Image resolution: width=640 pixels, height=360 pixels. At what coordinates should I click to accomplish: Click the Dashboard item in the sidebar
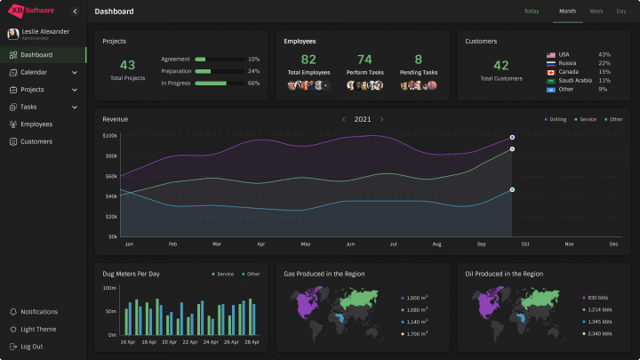(x=36, y=55)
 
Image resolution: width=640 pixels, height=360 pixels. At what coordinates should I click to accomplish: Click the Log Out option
(x=31, y=346)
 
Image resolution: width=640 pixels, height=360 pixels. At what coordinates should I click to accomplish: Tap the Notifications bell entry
(x=38, y=312)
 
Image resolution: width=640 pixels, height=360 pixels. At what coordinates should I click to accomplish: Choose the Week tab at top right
(x=596, y=12)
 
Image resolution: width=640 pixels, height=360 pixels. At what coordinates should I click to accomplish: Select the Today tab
(x=532, y=12)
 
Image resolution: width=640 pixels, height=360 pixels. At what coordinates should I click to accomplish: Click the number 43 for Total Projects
(x=127, y=65)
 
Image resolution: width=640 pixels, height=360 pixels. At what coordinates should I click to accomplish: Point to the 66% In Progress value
(x=253, y=83)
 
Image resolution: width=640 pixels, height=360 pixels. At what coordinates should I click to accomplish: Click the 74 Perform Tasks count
(x=364, y=60)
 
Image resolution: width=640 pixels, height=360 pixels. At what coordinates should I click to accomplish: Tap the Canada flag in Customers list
(x=551, y=72)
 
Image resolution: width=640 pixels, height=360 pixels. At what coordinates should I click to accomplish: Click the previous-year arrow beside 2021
(x=344, y=119)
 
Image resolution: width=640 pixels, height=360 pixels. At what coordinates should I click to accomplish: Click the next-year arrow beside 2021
(x=382, y=119)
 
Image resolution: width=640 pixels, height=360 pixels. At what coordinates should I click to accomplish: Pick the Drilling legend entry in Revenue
(x=556, y=119)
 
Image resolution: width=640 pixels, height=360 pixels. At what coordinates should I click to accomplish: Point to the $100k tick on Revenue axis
(x=110, y=136)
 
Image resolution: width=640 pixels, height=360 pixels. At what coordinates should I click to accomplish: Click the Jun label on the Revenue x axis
(x=350, y=244)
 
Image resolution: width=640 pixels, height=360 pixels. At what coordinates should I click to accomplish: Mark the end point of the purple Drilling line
(x=512, y=137)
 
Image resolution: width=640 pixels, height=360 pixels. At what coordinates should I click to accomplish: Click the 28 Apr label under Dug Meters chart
(x=252, y=342)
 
